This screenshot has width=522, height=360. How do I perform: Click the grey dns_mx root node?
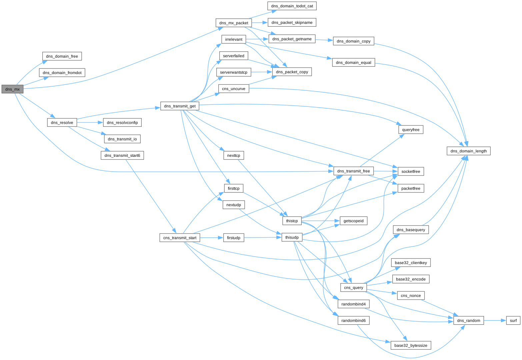(x=12, y=89)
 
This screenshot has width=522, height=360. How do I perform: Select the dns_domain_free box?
(x=62, y=56)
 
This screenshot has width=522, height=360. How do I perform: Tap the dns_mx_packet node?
(x=234, y=23)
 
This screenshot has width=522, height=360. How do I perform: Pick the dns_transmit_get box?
(x=180, y=106)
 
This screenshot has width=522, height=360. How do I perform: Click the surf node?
(x=513, y=321)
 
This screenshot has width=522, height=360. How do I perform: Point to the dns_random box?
(x=468, y=321)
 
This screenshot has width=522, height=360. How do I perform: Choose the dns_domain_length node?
(x=468, y=151)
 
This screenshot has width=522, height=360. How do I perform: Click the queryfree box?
(x=411, y=130)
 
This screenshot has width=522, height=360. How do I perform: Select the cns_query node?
(x=353, y=288)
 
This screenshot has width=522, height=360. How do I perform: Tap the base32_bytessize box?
(x=411, y=345)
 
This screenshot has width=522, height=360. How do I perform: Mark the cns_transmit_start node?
(x=180, y=238)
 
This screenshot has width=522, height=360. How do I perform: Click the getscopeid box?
(x=353, y=221)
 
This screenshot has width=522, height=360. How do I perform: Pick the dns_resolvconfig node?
(x=122, y=122)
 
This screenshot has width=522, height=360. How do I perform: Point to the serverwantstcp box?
(x=234, y=72)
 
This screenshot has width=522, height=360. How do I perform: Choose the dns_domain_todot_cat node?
(x=292, y=6)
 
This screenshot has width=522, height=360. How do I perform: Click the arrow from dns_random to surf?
(x=495, y=321)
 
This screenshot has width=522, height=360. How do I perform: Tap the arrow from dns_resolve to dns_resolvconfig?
(x=90, y=122)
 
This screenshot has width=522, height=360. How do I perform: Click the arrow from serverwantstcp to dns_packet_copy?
(x=261, y=72)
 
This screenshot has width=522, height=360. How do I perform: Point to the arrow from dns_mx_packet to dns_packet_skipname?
(x=260, y=23)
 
